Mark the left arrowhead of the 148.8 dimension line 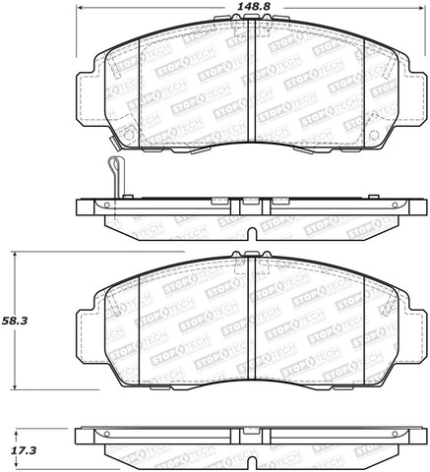(79, 21)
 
